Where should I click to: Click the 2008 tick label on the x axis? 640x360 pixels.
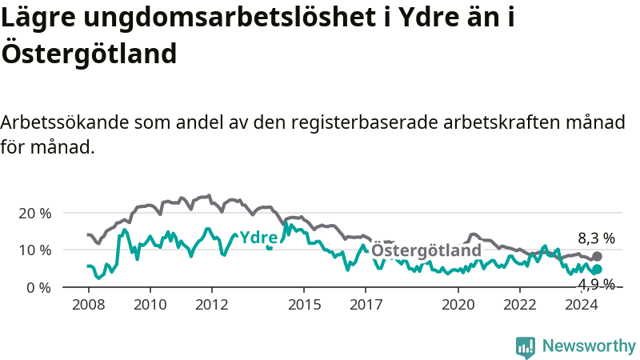(89, 305)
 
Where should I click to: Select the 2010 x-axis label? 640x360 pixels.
(150, 305)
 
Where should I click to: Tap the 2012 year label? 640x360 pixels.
(212, 305)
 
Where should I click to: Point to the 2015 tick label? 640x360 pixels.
(305, 305)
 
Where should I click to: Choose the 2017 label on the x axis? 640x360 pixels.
(366, 305)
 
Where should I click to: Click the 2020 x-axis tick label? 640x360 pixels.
(458, 305)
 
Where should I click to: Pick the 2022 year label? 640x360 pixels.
(520, 305)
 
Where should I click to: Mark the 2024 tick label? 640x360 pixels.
(582, 305)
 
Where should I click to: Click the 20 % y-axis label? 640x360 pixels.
(35, 213)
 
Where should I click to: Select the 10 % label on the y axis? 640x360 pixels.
(35, 250)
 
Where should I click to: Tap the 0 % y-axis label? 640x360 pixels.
(38, 288)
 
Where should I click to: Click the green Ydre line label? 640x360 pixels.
(258, 237)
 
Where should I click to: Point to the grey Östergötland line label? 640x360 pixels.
(426, 250)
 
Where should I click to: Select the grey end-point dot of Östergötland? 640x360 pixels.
(597, 256)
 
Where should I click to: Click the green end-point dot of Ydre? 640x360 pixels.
(597, 269)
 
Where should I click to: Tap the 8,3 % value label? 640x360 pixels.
(596, 238)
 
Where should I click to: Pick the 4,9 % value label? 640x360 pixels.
(596, 284)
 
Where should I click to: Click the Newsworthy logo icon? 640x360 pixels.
(526, 347)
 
